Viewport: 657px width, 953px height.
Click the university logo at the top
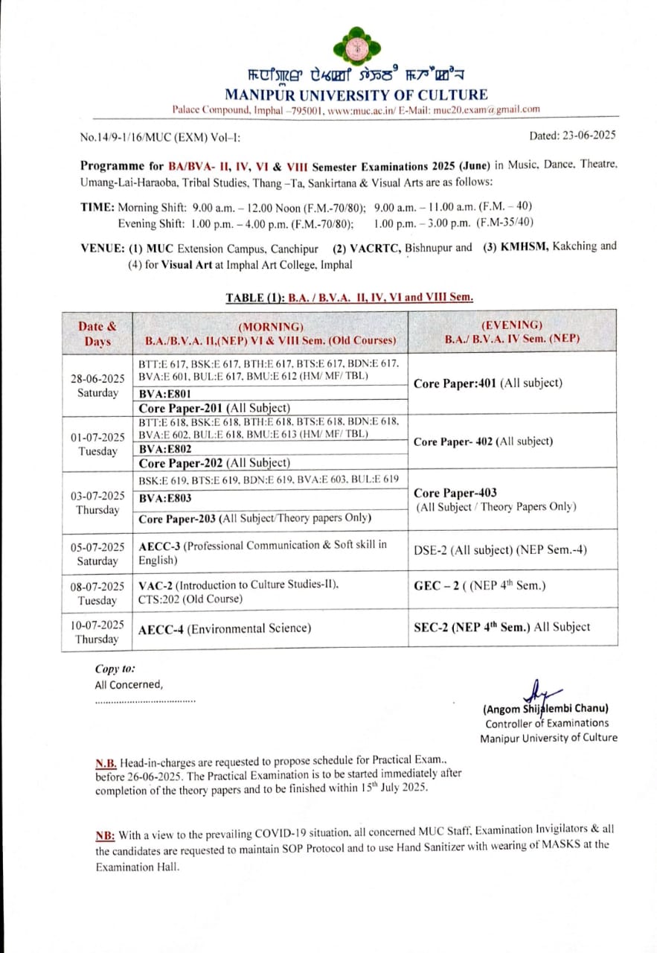357,46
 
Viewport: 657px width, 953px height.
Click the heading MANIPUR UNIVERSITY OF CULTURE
356,95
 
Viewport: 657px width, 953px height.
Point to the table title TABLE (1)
349,298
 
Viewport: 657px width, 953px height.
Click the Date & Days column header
97,334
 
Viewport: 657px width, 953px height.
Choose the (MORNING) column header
270,334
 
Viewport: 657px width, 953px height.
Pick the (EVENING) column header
512,331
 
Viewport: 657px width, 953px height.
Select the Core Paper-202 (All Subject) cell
214,462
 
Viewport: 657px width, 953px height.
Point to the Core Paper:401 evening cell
487,383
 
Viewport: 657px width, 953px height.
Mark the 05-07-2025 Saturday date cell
97,553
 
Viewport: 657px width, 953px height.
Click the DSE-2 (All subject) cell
500,550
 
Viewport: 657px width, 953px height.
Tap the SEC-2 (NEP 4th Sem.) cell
501,627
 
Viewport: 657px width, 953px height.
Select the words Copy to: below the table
115,669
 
